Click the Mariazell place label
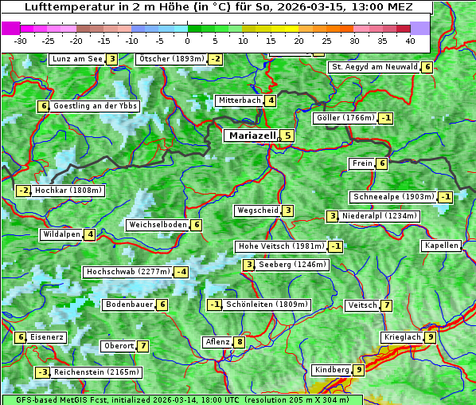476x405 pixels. click(x=252, y=136)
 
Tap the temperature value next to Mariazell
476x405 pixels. click(x=287, y=136)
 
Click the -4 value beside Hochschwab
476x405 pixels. click(x=182, y=272)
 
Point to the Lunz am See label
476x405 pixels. click(x=76, y=59)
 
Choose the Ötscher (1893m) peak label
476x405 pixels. click(x=171, y=59)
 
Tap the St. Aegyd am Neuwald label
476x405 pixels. click(x=374, y=67)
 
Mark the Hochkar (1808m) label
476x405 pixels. click(x=69, y=191)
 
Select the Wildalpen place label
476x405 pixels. click(x=61, y=234)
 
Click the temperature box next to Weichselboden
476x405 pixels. click(x=196, y=225)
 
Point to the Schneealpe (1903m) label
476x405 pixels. click(x=393, y=197)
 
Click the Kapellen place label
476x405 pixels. click(x=441, y=246)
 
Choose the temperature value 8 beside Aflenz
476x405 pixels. click(x=240, y=342)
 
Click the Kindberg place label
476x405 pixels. click(x=332, y=370)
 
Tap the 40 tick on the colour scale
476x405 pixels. click(x=410, y=40)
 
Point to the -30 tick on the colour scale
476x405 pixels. click(x=21, y=40)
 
